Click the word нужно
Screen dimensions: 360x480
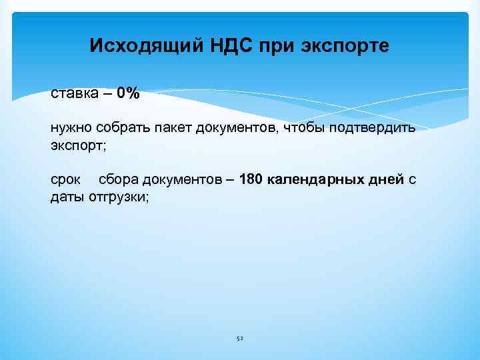point(71,127)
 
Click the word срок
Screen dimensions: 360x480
point(65,179)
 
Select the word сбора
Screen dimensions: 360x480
point(117,179)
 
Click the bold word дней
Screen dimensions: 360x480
point(386,179)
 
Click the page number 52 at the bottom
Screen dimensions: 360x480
point(240,339)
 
